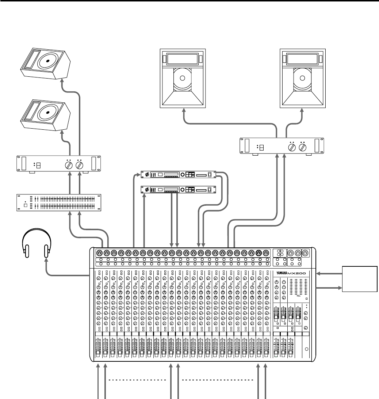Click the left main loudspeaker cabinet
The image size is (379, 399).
[183, 78]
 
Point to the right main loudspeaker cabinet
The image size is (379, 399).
[302, 78]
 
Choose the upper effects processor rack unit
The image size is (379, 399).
[179, 175]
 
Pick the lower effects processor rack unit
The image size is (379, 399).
[179, 190]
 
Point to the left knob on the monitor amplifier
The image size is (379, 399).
[68, 165]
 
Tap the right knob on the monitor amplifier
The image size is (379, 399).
[79, 165]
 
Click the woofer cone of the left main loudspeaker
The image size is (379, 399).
[183, 78]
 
